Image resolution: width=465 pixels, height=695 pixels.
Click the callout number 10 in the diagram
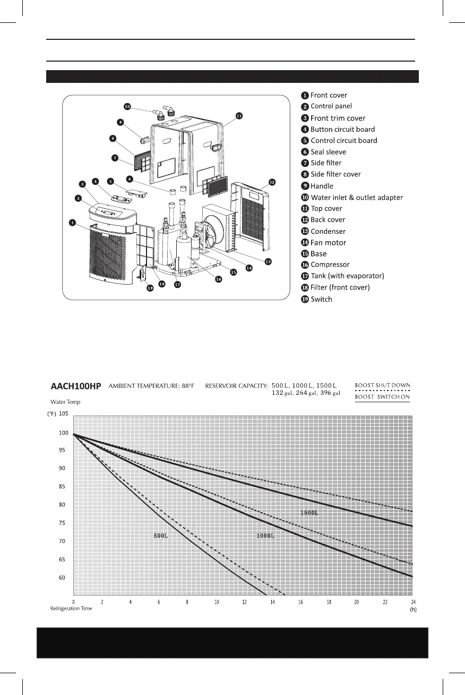[x=127, y=106]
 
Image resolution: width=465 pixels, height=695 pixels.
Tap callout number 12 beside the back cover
[x=272, y=182]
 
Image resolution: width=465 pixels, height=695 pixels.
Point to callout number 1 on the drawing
[x=72, y=223]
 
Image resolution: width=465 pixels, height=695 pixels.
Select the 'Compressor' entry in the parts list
[x=330, y=265]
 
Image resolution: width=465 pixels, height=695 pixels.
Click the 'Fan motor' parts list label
[x=328, y=243]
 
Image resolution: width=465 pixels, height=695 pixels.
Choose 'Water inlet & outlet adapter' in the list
[x=356, y=198]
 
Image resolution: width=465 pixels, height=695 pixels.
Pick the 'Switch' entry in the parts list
[x=321, y=299]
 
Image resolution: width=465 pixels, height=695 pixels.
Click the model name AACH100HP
[x=75, y=386]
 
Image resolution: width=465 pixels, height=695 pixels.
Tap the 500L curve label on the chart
[x=161, y=536]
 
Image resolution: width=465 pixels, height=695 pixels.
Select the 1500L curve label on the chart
[x=309, y=513]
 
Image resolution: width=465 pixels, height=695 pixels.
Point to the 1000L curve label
[x=265, y=536]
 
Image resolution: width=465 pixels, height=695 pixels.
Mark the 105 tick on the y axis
[x=64, y=414]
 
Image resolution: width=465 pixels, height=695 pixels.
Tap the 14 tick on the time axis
[x=272, y=601]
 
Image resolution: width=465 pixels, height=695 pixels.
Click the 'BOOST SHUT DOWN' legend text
[x=382, y=385]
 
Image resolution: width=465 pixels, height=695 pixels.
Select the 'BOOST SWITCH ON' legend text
[x=382, y=397]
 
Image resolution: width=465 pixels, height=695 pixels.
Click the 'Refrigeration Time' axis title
[x=71, y=608]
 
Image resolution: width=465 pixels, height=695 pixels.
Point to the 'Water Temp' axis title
[x=65, y=402]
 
